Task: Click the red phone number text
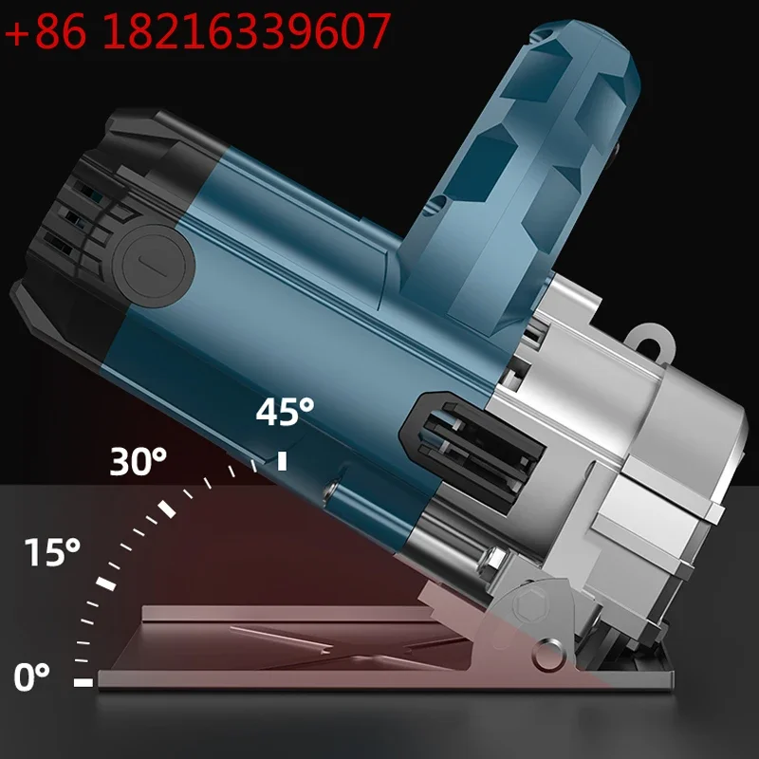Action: click(197, 30)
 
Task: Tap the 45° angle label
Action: click(286, 412)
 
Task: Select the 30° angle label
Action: click(138, 461)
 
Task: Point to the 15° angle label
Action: click(52, 551)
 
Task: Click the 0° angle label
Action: click(31, 676)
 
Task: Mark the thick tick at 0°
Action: click(83, 682)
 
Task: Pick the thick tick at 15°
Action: click(106, 583)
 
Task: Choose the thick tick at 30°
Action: click(167, 509)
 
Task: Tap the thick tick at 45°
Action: click(282, 461)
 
